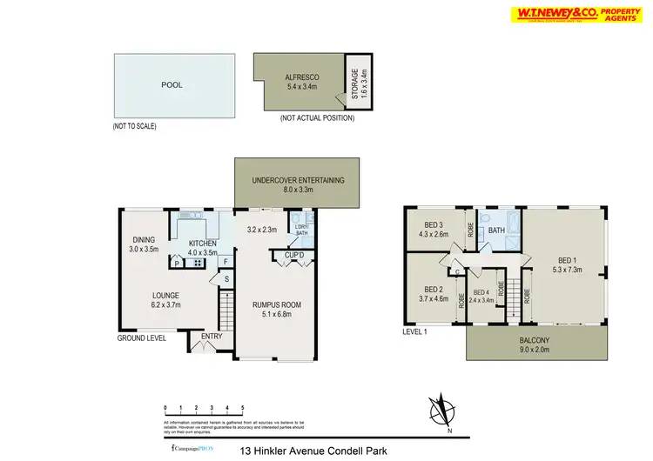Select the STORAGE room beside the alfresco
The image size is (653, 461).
click(358, 81)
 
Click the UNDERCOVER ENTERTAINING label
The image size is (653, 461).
click(298, 184)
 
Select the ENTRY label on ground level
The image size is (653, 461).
click(211, 336)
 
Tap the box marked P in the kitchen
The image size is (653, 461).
click(177, 263)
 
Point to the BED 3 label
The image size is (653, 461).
click(434, 229)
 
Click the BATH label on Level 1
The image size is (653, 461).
click(497, 230)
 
